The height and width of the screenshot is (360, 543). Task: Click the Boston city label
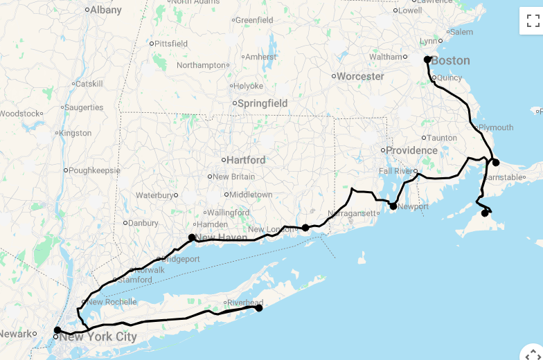pos(450,61)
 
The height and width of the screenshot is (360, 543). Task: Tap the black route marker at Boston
pos(428,60)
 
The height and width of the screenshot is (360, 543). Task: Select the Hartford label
pos(246,160)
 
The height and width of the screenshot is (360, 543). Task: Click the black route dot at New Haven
pos(192,237)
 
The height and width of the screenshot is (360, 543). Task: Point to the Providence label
pos(411,150)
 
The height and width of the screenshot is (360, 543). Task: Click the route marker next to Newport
pos(393,206)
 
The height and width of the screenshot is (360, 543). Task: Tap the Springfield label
pos(262,103)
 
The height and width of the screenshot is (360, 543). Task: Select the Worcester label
pos(360,76)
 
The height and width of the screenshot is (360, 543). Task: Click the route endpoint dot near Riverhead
pos(259,308)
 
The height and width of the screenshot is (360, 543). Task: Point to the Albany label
pos(105,10)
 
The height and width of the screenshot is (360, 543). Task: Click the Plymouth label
pos(496,127)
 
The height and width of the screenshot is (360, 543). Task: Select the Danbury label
pos(143,223)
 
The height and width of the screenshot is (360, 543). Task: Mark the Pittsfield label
pos(171,44)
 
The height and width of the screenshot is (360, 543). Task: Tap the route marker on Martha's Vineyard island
pos(485,213)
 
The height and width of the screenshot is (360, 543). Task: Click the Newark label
pos(16,334)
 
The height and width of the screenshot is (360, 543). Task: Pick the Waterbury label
pos(154,195)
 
